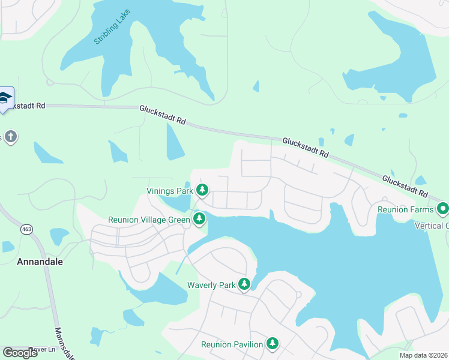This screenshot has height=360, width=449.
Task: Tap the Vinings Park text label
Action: (170, 191)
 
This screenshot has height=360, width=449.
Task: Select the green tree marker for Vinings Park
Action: (203, 191)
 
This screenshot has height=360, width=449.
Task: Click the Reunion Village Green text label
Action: (149, 220)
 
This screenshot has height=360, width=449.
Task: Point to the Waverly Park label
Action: (211, 285)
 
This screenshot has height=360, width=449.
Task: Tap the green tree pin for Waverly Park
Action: (244, 284)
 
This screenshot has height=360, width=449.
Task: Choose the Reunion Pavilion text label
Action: (232, 344)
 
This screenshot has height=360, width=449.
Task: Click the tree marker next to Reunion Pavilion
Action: (273, 344)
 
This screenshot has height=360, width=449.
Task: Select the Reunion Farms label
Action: (405, 209)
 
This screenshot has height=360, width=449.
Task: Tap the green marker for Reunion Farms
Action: (443, 209)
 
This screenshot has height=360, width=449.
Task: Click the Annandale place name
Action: (40, 262)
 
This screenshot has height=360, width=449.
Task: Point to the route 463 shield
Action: (26, 229)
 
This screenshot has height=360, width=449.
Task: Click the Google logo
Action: (20, 352)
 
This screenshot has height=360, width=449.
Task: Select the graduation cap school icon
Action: (5, 98)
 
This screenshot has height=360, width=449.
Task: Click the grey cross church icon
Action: (10, 137)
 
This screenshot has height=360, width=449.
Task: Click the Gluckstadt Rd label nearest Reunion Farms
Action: (405, 186)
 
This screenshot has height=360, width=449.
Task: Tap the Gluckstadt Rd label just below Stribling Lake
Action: (162, 115)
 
